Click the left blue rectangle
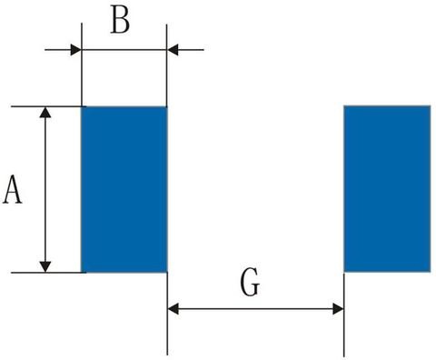pos(124,189)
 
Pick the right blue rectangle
pos(386,189)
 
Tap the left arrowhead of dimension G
pos(174,309)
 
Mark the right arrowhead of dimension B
pos(173,49)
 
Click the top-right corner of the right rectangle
pos(429,106)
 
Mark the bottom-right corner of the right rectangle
pos(429,272)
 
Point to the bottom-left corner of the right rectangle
pos(344,272)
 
